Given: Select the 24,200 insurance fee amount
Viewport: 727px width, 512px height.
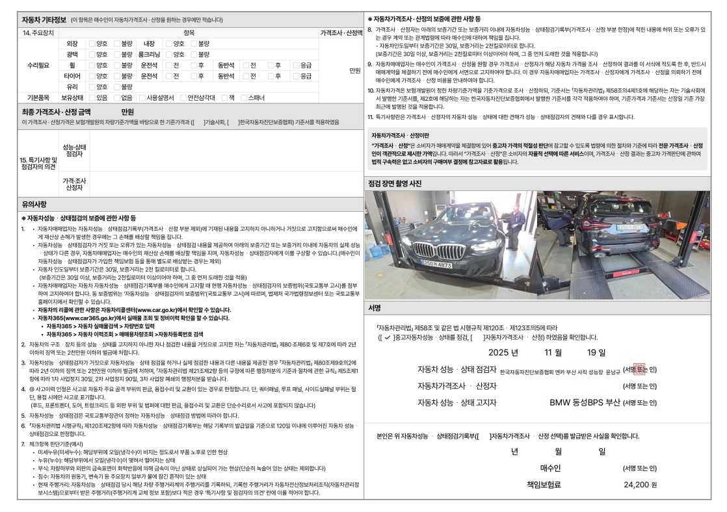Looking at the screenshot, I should [x=641, y=484].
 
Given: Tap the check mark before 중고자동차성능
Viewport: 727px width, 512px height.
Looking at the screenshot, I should [x=387, y=337].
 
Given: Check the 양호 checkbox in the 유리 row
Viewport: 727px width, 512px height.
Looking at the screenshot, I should [x=91, y=86].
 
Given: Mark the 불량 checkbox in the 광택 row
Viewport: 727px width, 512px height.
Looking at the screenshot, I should [x=116, y=55].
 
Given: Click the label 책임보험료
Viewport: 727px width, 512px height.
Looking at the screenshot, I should [x=544, y=484].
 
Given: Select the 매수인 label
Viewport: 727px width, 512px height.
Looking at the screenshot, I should [x=550, y=468].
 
